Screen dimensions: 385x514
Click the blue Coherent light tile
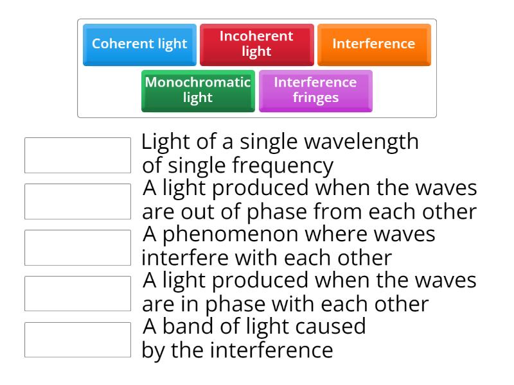click(x=139, y=44)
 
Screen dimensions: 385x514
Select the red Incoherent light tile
click(x=256, y=44)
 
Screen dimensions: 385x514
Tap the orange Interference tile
click(x=373, y=44)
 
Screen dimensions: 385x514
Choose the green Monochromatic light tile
click(x=198, y=90)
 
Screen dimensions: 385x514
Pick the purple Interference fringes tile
click(x=315, y=90)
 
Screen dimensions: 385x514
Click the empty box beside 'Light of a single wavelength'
click(x=78, y=155)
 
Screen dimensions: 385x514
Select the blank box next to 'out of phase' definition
click(x=78, y=201)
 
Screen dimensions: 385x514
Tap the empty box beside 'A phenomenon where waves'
click(x=78, y=247)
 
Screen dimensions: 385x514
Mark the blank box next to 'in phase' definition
click(x=78, y=293)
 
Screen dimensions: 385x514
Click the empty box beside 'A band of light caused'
click(x=78, y=339)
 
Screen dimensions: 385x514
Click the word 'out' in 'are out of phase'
click(x=191, y=212)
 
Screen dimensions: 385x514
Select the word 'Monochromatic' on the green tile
click(x=199, y=83)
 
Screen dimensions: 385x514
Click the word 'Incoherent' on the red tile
click(x=256, y=37)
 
